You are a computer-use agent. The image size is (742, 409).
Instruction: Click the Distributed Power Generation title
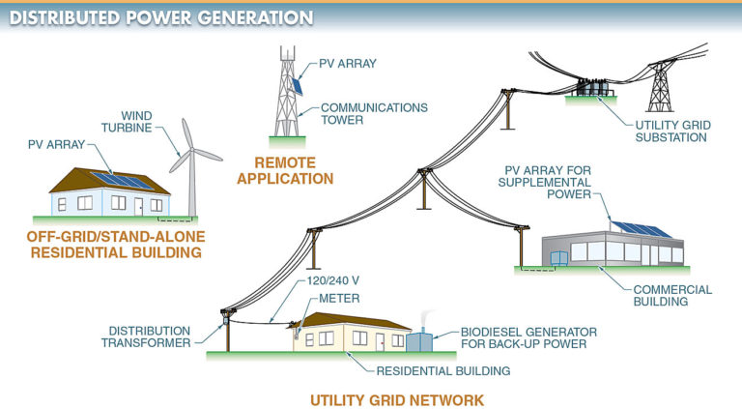point(160,17)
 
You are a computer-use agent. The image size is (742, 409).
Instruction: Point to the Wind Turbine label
point(143,123)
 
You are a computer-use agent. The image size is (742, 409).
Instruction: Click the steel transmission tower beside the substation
point(660,82)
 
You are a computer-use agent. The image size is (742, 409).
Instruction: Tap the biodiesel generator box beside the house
point(419,341)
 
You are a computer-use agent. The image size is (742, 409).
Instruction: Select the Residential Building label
point(426,369)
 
